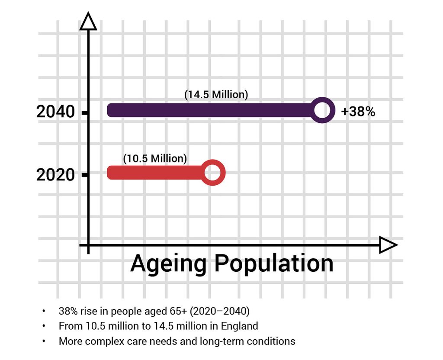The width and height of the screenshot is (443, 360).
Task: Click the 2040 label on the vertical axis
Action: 55,112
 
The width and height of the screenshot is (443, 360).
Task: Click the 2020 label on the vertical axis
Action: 55,175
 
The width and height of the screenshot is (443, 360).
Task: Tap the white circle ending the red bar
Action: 212,173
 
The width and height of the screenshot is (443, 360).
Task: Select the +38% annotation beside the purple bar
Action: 358,112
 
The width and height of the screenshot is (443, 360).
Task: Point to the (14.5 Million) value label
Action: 216,95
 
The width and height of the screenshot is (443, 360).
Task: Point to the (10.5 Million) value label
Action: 155,158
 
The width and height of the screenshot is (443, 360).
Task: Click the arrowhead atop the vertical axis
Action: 88,22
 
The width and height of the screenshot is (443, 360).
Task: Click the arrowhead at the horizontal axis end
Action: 388,245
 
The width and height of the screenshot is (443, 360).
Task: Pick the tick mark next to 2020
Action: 85,175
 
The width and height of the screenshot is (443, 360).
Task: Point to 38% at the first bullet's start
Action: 68,311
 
